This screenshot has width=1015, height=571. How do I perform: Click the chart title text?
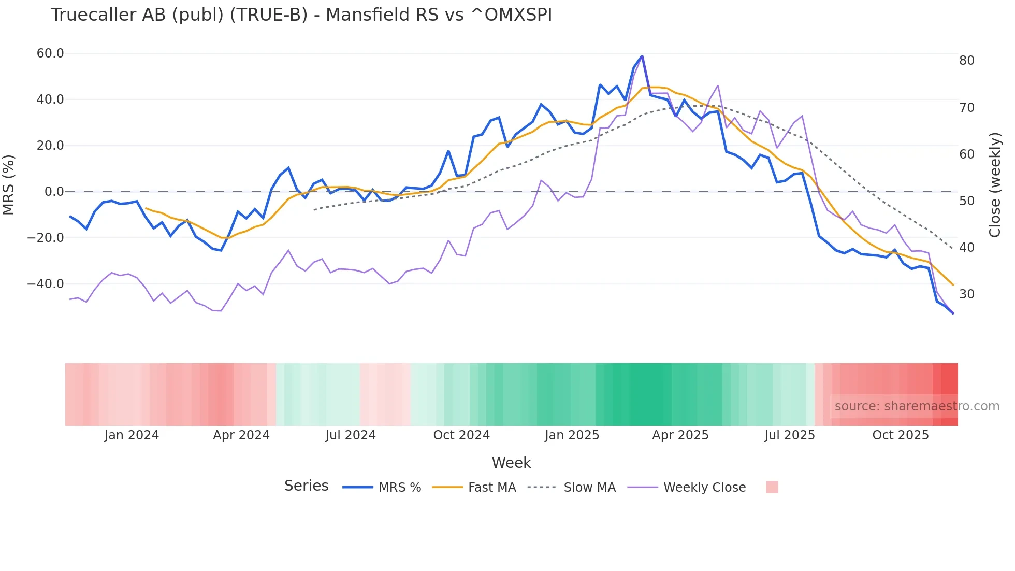[301, 15]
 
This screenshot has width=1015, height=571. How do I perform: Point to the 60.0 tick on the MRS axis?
[50, 53]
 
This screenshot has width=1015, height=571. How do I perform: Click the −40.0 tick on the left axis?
[46, 284]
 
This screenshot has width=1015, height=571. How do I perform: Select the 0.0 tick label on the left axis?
[54, 192]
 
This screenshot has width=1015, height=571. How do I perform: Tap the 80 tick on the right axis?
[967, 61]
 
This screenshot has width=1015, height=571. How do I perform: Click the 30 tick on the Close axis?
[967, 294]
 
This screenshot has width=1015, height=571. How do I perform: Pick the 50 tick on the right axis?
[967, 201]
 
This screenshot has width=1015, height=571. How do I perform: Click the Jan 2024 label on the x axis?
[132, 435]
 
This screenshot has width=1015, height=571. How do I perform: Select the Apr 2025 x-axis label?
[680, 435]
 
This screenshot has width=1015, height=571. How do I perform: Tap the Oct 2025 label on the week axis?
[901, 435]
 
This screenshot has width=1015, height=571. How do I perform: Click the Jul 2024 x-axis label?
[351, 435]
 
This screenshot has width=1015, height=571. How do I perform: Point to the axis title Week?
[511, 463]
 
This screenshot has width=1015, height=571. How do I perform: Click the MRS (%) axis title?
[9, 184]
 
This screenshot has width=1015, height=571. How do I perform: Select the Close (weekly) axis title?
[995, 185]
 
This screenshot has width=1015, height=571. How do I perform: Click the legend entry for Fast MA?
[491, 488]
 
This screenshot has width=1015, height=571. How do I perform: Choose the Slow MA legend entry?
[589, 488]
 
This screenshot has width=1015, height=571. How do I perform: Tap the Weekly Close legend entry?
[704, 488]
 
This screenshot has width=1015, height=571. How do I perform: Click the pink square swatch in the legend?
[772, 487]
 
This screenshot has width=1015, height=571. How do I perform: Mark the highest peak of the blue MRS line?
[642, 56]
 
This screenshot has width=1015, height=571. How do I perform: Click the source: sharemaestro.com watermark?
[917, 406]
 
